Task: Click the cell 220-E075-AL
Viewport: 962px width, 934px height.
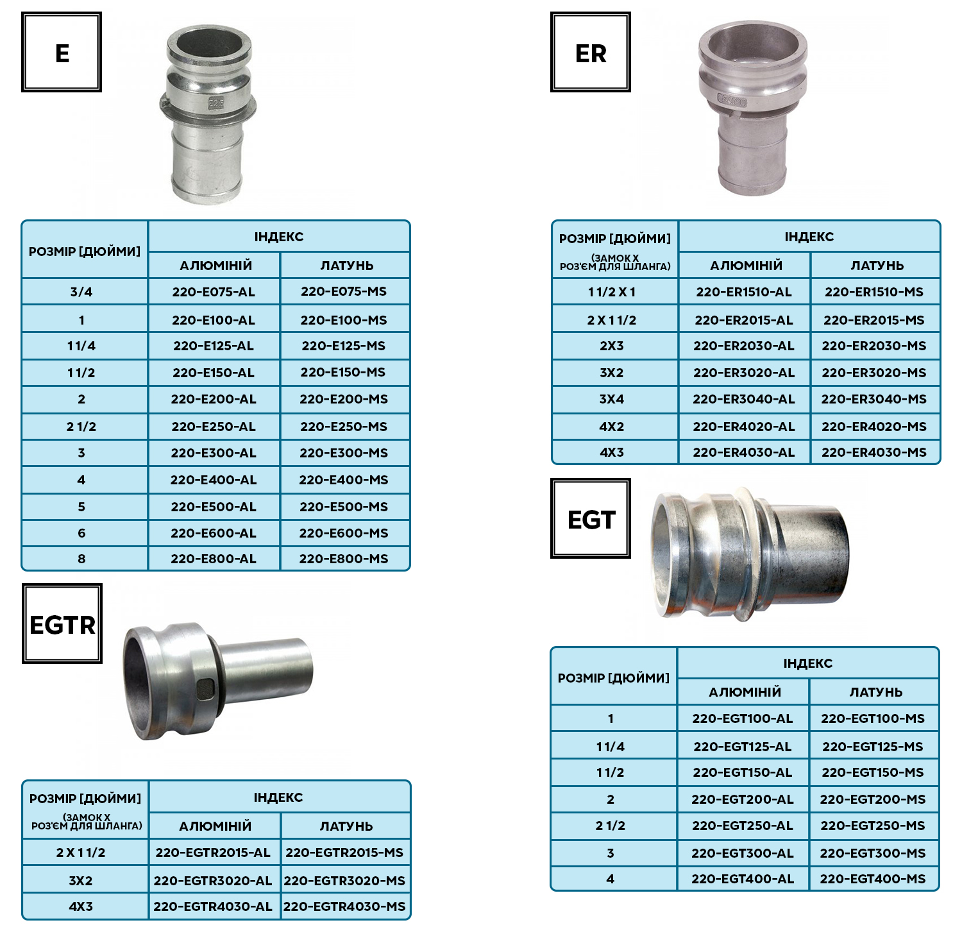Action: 214,292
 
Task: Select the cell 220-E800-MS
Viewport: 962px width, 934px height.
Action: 344,559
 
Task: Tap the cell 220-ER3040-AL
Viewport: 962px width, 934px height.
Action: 744,399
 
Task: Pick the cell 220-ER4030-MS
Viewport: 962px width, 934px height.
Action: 875,452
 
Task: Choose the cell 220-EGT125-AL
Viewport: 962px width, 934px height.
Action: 743,746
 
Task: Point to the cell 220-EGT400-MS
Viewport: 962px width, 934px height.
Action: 873,879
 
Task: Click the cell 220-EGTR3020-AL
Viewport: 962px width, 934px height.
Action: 214,880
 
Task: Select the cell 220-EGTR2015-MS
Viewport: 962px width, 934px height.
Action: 345,853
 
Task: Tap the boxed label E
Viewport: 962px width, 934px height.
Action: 62,52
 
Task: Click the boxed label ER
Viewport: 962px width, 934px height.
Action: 591,52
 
